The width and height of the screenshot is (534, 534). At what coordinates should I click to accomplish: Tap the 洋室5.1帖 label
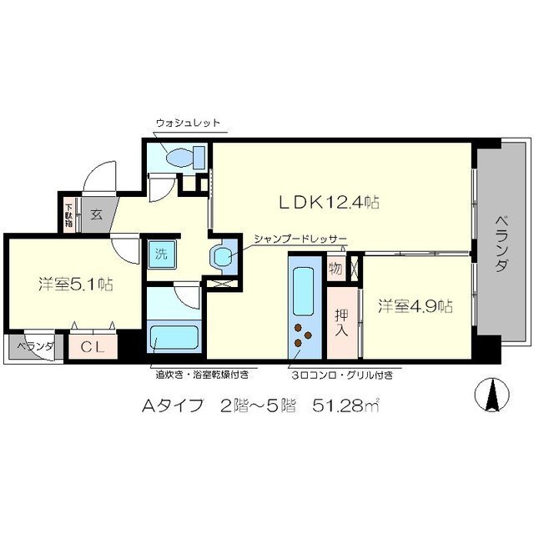point(75,284)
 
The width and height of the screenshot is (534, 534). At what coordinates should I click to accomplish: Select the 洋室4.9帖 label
point(415,305)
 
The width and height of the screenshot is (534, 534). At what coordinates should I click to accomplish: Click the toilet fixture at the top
point(183,156)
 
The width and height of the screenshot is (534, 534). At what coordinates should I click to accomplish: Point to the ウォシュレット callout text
point(188,123)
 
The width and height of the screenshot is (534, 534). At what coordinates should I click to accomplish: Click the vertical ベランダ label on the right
point(501,241)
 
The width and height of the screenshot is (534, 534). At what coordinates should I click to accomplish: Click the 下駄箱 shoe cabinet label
point(68,213)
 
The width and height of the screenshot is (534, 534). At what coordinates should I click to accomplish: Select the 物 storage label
point(335,270)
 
